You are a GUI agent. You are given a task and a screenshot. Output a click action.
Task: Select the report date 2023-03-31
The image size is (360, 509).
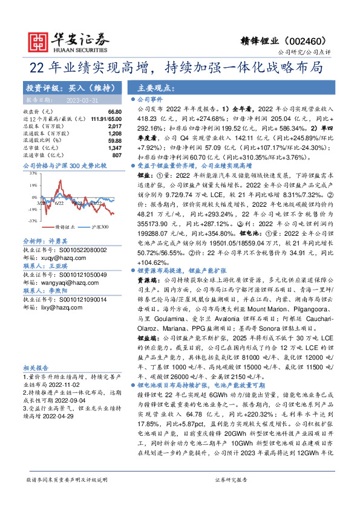tap(87, 100)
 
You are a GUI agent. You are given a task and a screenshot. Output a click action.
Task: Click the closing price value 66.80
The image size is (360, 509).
tap(108, 112)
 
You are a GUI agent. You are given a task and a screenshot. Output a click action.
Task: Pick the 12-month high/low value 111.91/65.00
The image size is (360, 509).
tap(98, 119)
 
